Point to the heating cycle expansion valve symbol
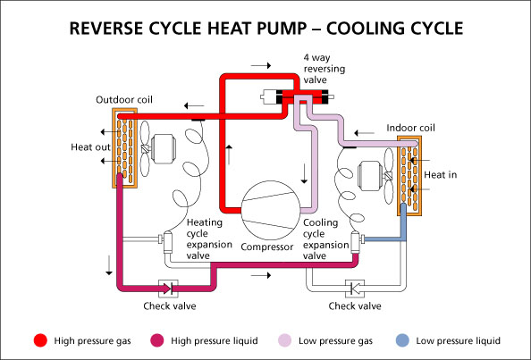point(166,241)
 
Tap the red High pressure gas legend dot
point(38,340)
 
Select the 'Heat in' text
point(440,174)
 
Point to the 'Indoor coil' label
point(411,128)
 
